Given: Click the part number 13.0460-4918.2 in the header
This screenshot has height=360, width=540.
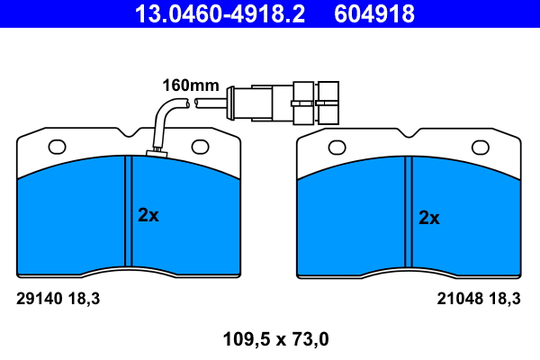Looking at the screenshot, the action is pyautogui.click(x=220, y=13).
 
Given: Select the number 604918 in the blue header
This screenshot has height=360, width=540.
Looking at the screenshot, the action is pyautogui.click(x=374, y=13).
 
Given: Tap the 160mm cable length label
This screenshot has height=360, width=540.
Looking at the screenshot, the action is pyautogui.click(x=191, y=85).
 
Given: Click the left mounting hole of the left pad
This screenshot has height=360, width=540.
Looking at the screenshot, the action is pyautogui.click(x=58, y=147).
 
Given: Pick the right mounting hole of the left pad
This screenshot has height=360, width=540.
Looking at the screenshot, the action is pyautogui.click(x=200, y=147).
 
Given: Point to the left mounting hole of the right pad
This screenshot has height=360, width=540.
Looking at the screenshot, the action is pyautogui.click(x=337, y=148).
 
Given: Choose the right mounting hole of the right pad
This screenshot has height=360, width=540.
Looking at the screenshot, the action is pyautogui.click(x=480, y=148).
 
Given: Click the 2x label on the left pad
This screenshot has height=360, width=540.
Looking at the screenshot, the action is pyautogui.click(x=148, y=215).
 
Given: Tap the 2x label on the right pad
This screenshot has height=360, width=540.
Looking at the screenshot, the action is pyautogui.click(x=429, y=218).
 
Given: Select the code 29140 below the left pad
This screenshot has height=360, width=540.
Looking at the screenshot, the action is pyautogui.click(x=40, y=299).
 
